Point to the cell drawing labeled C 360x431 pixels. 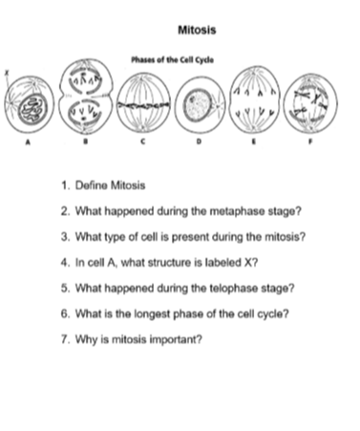click(145, 101)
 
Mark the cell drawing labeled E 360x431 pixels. click(255, 101)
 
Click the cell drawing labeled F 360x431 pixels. click(310, 101)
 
